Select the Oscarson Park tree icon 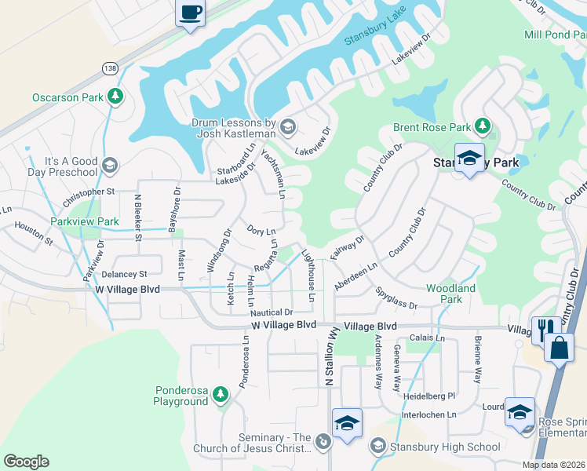(116, 97)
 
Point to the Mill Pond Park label (554, 35)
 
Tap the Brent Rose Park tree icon (482, 126)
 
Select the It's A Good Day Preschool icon (109, 165)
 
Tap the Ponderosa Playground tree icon (221, 393)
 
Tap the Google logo (26, 462)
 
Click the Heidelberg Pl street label (429, 396)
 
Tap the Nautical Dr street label (272, 312)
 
